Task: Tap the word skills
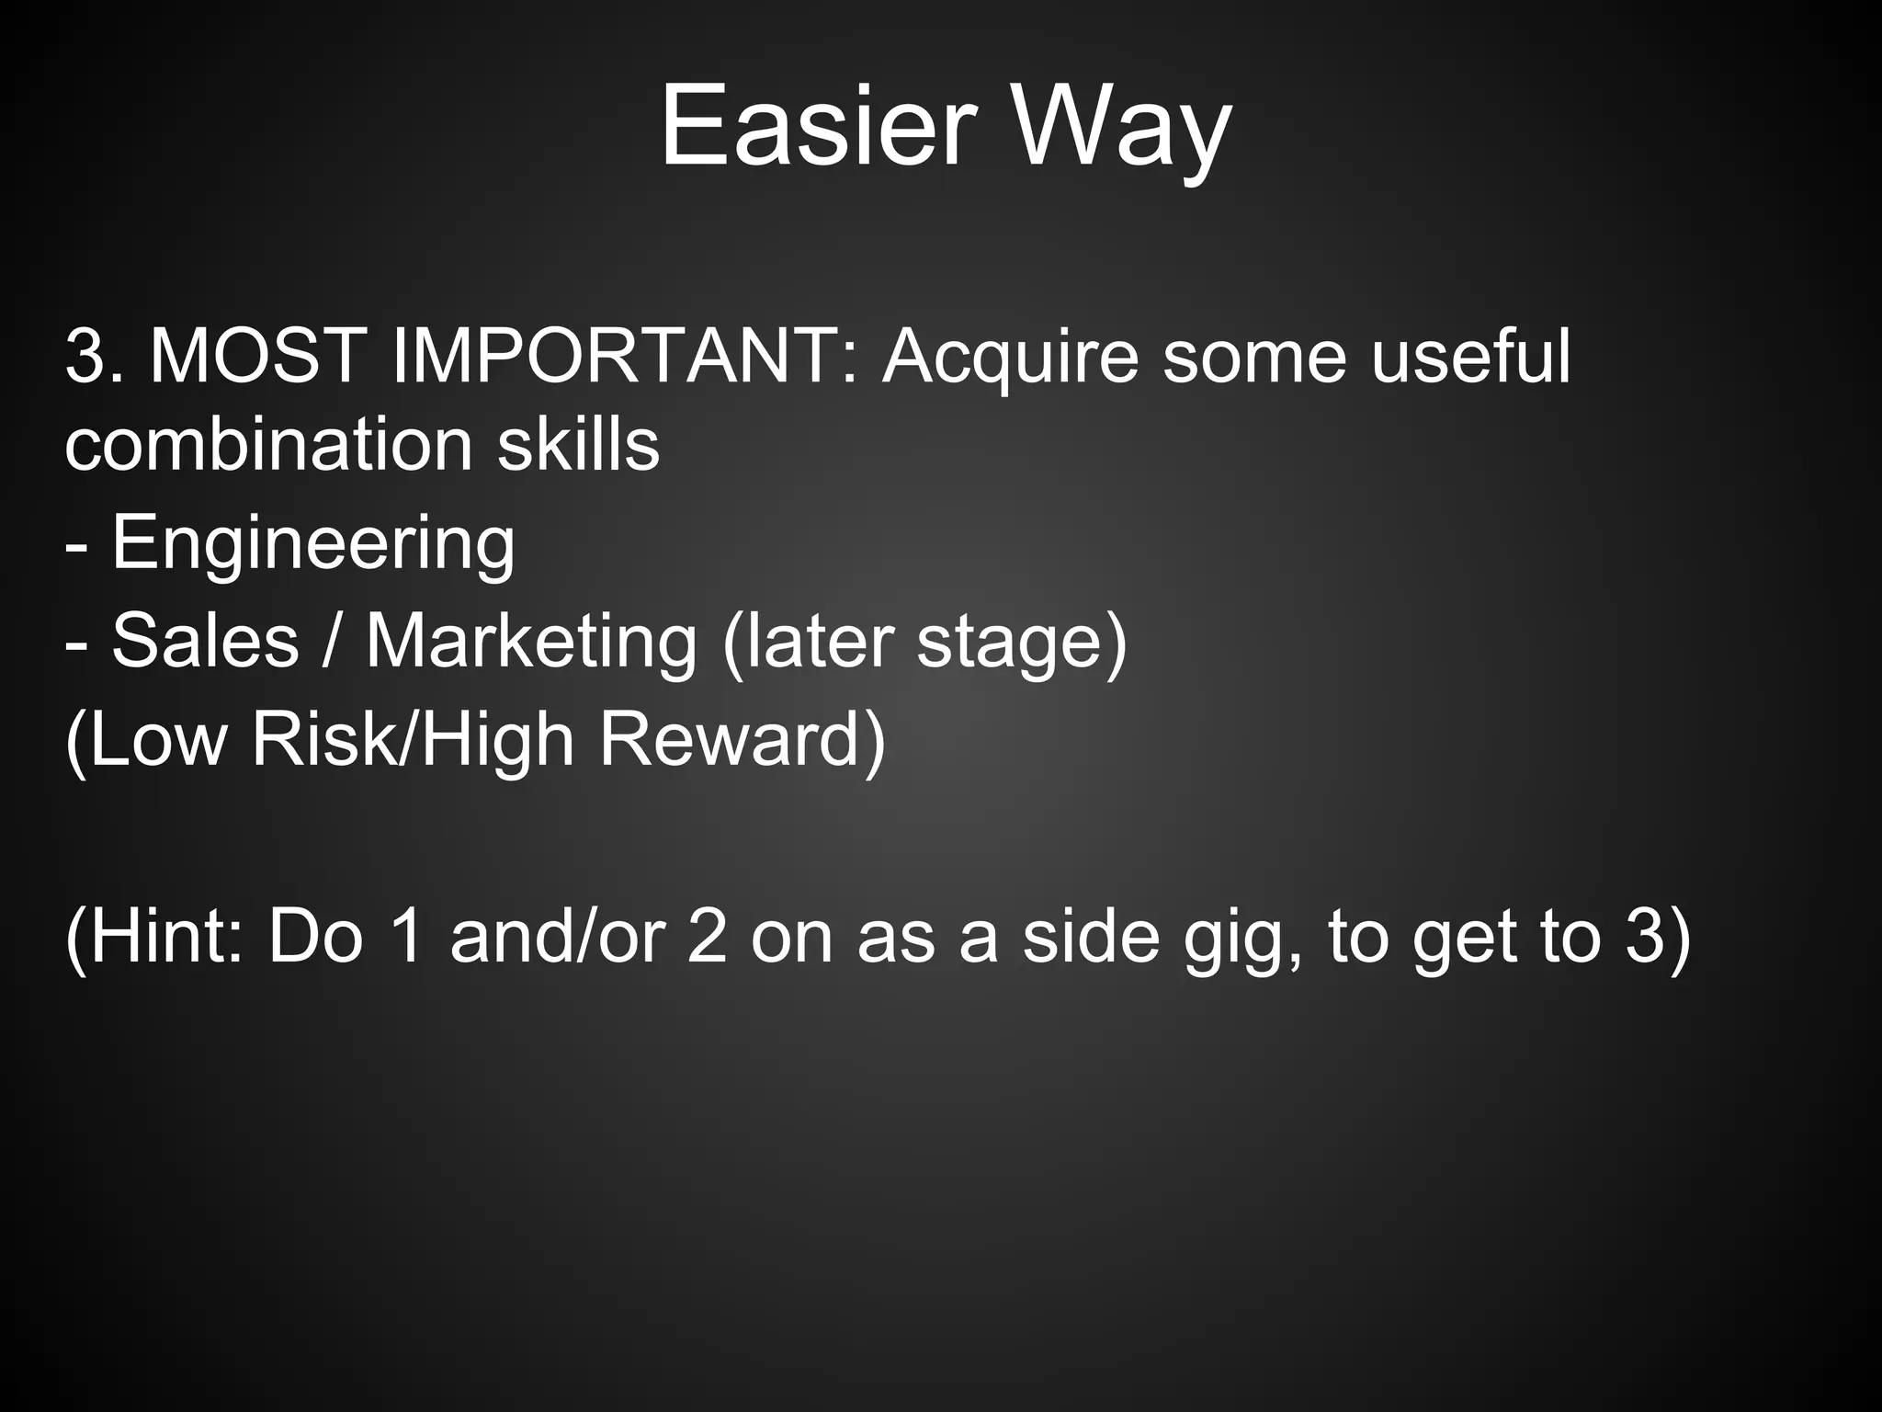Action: [x=578, y=445]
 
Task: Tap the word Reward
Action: [x=743, y=740]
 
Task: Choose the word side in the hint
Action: [x=1091, y=937]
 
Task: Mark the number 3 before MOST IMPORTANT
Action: [x=88, y=357]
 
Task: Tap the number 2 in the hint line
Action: [x=707, y=937]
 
